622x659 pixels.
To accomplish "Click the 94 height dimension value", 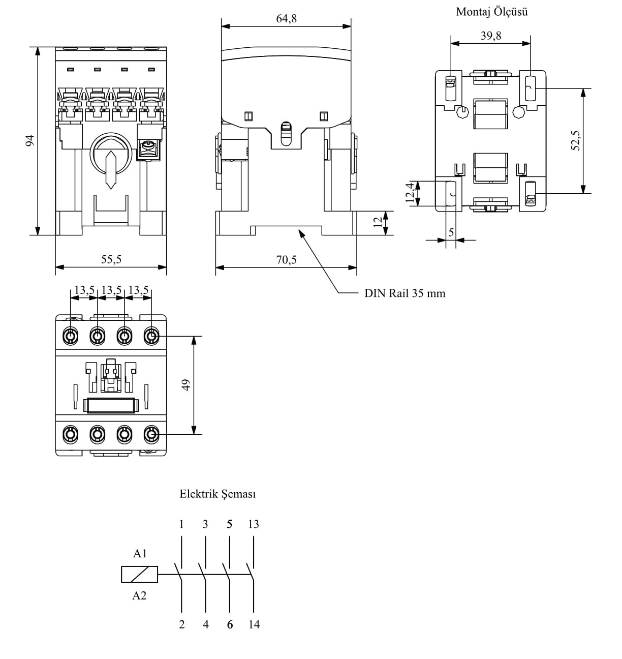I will [29, 141].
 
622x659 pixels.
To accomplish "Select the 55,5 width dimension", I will [111, 259].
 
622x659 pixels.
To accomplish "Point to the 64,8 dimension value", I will [287, 19].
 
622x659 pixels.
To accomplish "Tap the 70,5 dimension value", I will [287, 260].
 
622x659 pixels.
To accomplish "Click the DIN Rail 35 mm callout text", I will [405, 293].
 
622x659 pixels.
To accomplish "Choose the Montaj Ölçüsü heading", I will [491, 12].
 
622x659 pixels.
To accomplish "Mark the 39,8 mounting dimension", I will [491, 36].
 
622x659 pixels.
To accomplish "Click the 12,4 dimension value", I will [410, 193].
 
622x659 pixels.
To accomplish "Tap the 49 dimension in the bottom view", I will [185, 385].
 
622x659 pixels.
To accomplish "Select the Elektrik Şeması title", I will [217, 494].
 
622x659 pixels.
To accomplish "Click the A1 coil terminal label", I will [140, 554].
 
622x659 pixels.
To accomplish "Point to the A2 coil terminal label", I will [139, 595].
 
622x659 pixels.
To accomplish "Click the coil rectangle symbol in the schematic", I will [139, 575].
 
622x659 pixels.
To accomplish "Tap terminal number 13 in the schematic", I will [254, 524].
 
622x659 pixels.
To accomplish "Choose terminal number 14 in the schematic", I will [254, 624].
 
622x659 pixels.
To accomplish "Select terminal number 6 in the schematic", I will [230, 624].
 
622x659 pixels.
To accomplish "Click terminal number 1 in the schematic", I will [181, 524].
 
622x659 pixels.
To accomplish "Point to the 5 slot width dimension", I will [451, 232].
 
